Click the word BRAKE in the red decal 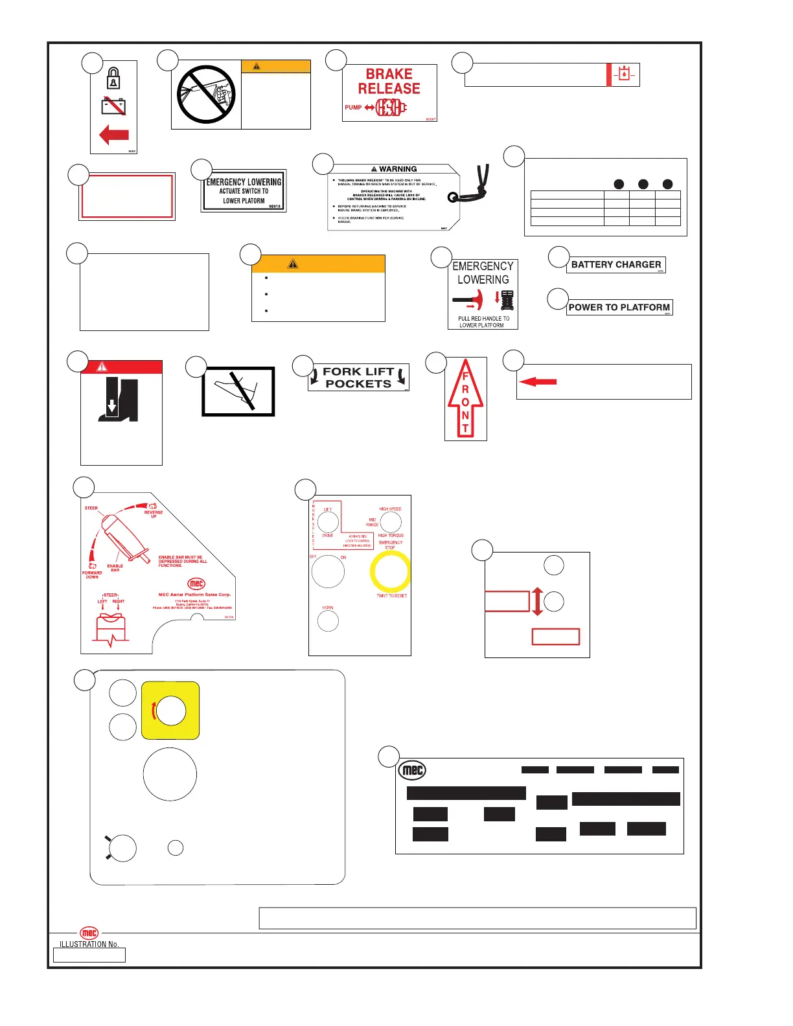[389, 74]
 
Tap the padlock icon [113, 78]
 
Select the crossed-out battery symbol [114, 106]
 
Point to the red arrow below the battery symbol [114, 135]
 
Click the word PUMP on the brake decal [353, 108]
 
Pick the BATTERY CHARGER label [615, 265]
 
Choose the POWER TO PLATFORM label [619, 308]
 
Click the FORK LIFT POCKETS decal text [358, 378]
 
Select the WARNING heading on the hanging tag [398, 169]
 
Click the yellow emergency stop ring [390, 572]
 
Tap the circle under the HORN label [328, 621]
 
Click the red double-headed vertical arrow [537, 601]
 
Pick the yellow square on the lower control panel [170, 711]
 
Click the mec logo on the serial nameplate [413, 770]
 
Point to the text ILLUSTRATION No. [89, 944]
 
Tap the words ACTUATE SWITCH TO [244, 191]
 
